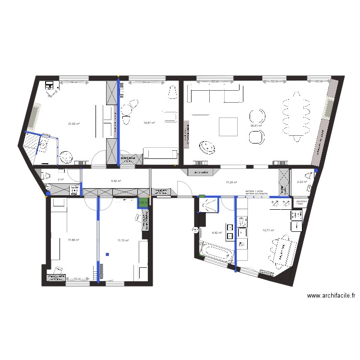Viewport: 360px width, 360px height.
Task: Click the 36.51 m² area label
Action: coord(256,126)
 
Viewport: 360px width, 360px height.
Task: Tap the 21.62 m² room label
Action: coord(74,124)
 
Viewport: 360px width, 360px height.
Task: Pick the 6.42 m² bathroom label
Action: coord(218,233)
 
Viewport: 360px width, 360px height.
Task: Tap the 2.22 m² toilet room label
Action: coord(301,182)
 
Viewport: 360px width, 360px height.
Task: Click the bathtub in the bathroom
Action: coord(215,252)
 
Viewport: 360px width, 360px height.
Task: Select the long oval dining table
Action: coord(294,117)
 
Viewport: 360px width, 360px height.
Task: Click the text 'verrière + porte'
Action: coord(254,191)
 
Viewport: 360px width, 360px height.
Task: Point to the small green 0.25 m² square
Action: coord(143,203)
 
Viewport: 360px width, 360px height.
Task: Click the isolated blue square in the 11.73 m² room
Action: coord(108,254)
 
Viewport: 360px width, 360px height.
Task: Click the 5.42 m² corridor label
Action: coord(116,181)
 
